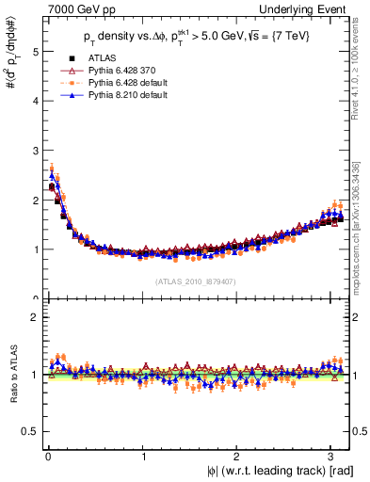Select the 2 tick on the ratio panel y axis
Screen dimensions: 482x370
pyautogui.click(x=35, y=317)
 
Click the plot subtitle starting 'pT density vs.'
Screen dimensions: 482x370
pyautogui.click(x=197, y=39)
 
